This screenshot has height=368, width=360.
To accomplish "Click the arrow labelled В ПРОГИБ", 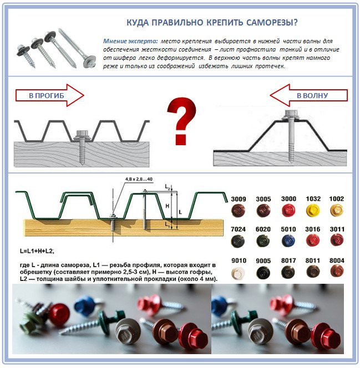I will point(49,96).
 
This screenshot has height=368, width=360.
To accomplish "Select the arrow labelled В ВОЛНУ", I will point(311,95).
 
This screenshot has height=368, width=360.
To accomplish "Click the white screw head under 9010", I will point(238,272).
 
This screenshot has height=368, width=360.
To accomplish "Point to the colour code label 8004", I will point(337,260).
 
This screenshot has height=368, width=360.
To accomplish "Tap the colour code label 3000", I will point(288,199).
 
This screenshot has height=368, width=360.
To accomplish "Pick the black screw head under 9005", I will point(263,272).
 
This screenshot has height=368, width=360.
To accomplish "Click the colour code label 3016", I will point(313,229).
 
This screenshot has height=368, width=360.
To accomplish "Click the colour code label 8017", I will point(288,260).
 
